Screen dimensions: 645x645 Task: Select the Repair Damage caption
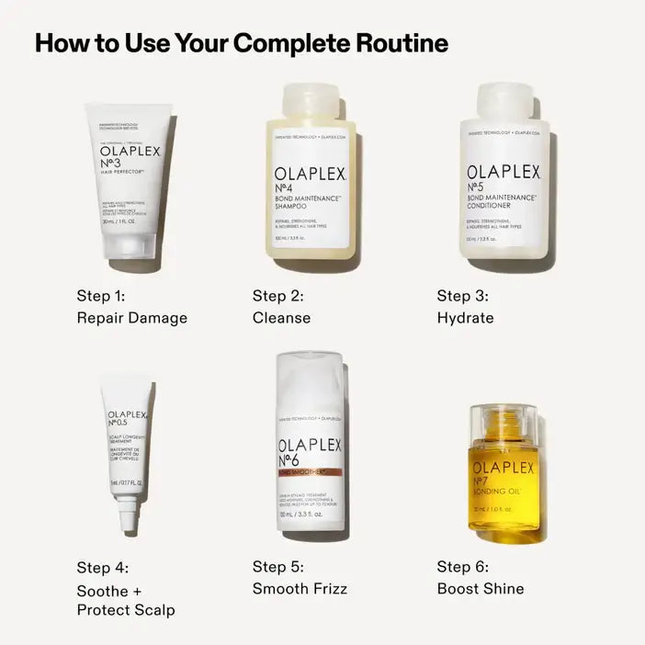pyautogui.click(x=131, y=318)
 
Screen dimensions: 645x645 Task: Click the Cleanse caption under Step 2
pyautogui.click(x=281, y=318)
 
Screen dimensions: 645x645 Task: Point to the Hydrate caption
pyautogui.click(x=465, y=318)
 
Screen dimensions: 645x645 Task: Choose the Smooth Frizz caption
pyautogui.click(x=300, y=588)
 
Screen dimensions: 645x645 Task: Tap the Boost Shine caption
pyautogui.click(x=480, y=588)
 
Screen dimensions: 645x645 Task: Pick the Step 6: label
pyautogui.click(x=462, y=567)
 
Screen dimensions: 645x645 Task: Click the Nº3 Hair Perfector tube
pyautogui.click(x=130, y=175)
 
